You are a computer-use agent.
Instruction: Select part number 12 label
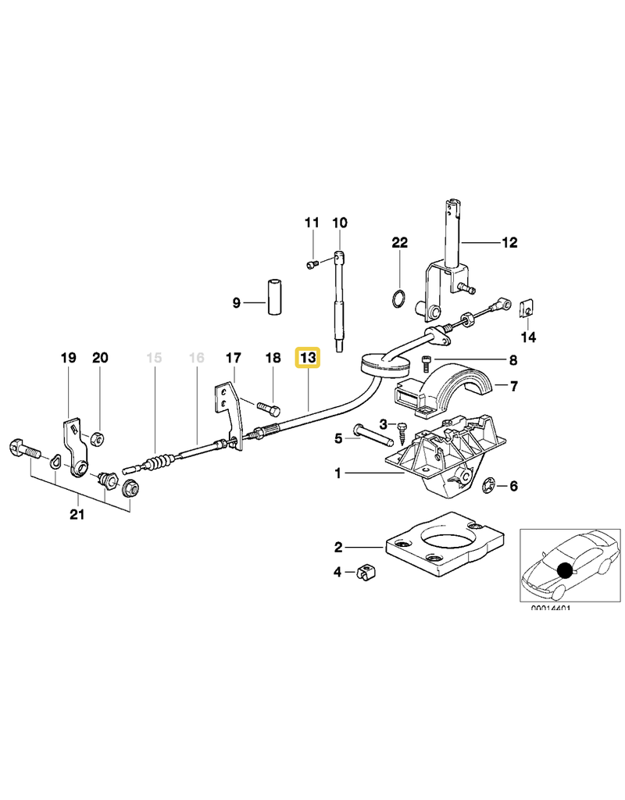(x=509, y=243)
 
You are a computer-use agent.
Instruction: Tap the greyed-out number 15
(x=154, y=358)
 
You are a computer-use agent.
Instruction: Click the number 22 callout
(x=399, y=243)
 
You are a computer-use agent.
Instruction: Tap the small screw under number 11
(x=312, y=266)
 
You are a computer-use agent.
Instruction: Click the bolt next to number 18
(x=267, y=408)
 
